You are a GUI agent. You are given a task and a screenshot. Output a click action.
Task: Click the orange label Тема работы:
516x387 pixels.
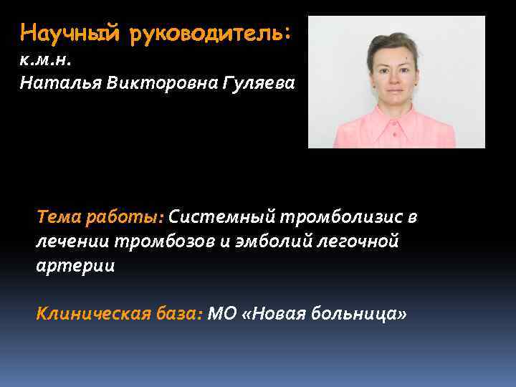[100, 216]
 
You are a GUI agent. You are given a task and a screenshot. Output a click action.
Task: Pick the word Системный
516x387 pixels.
[221, 216]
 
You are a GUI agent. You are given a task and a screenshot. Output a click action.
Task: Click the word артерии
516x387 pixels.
[75, 265]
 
